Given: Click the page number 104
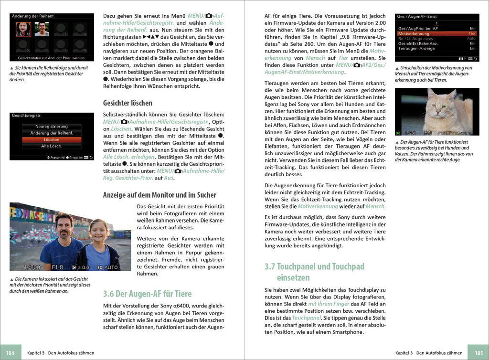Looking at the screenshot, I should click(11, 353).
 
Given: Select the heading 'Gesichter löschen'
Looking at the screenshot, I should click(128, 103).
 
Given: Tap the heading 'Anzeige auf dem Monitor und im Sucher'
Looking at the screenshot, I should click(159, 195).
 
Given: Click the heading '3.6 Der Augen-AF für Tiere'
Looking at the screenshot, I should click(148, 294).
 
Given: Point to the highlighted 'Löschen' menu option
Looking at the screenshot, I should click(51, 139).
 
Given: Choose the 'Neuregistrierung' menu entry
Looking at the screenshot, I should click(51, 127).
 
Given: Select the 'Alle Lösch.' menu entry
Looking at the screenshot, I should click(51, 146).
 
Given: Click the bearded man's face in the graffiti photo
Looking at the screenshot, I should click(64, 228).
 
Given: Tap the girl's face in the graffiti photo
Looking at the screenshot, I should click(98, 233).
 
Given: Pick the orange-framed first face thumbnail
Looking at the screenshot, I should click(23, 30).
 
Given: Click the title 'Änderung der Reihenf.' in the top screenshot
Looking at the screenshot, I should click(33, 16).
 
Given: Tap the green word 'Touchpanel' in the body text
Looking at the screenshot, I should click(307, 318).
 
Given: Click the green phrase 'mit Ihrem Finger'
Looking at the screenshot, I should click(329, 304).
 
